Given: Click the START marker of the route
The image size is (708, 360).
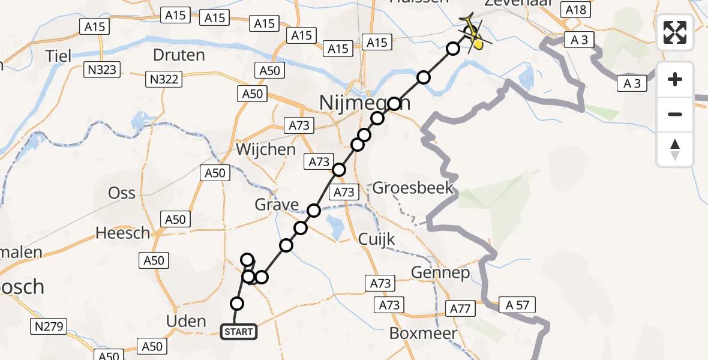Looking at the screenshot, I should click(x=239, y=331).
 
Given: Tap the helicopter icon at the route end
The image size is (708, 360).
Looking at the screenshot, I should click(x=472, y=33).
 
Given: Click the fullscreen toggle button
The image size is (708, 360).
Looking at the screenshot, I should click(x=675, y=32).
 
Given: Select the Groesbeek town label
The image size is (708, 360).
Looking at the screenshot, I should click(x=413, y=188).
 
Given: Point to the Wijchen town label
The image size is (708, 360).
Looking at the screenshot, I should click(x=266, y=149).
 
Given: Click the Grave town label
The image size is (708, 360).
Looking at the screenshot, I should click(x=277, y=205).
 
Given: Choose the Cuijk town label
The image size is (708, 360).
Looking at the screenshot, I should click(x=376, y=239).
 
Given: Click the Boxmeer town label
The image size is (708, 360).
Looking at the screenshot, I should click(x=424, y=334).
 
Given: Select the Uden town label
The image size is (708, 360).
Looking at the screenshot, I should click(x=186, y=321).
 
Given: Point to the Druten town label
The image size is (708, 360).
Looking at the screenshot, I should click(x=179, y=55).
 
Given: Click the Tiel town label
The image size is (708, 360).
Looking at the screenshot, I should click(x=59, y=56).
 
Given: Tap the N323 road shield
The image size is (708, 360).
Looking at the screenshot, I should click(x=100, y=71).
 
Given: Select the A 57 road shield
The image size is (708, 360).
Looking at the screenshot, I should click(x=516, y=305).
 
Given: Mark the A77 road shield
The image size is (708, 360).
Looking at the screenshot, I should click(x=460, y=308).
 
